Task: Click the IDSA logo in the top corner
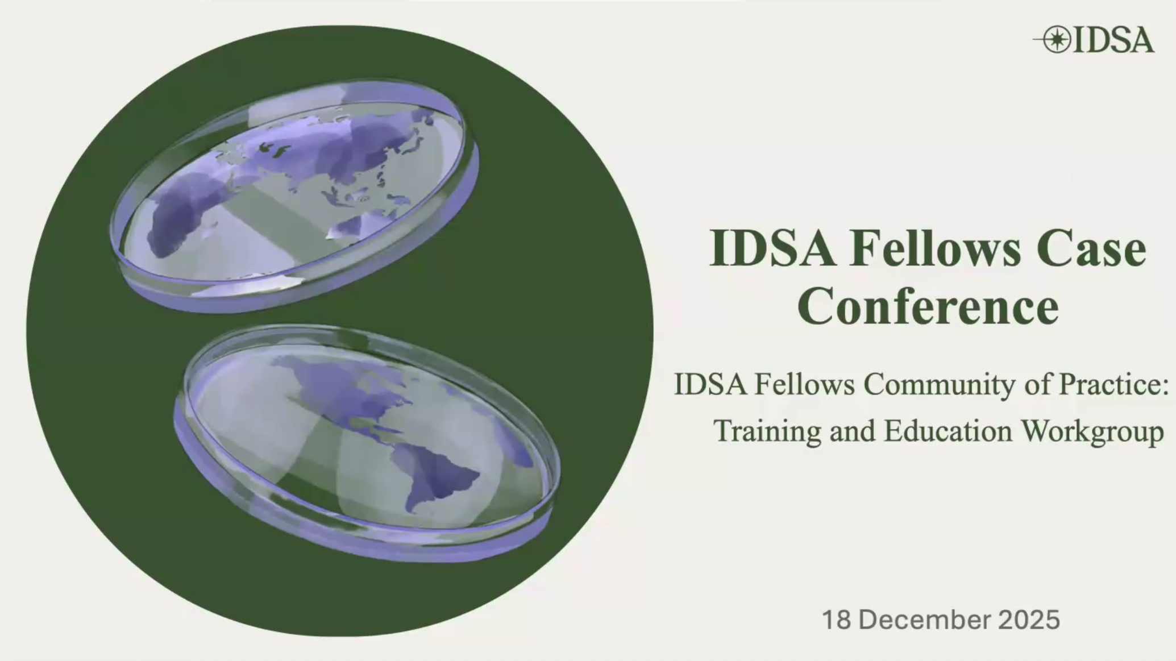point(1094,40)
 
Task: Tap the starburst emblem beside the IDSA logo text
point(1057,40)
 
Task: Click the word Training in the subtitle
point(767,431)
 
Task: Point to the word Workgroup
point(1093,431)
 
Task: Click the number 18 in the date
point(836,620)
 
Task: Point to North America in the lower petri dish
point(341,386)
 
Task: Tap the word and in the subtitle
point(853,431)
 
